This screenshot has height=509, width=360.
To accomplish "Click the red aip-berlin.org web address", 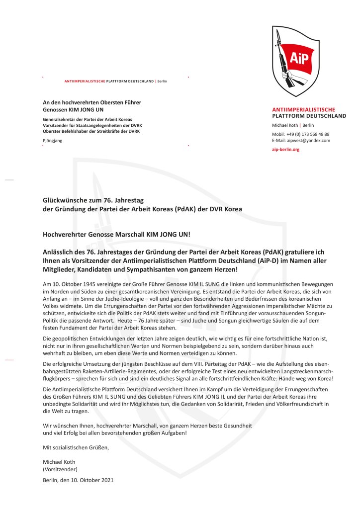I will tap(285, 149).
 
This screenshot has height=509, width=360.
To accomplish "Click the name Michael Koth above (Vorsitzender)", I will tap(59, 461).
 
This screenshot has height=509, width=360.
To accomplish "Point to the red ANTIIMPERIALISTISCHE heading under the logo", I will tap(303, 109).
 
